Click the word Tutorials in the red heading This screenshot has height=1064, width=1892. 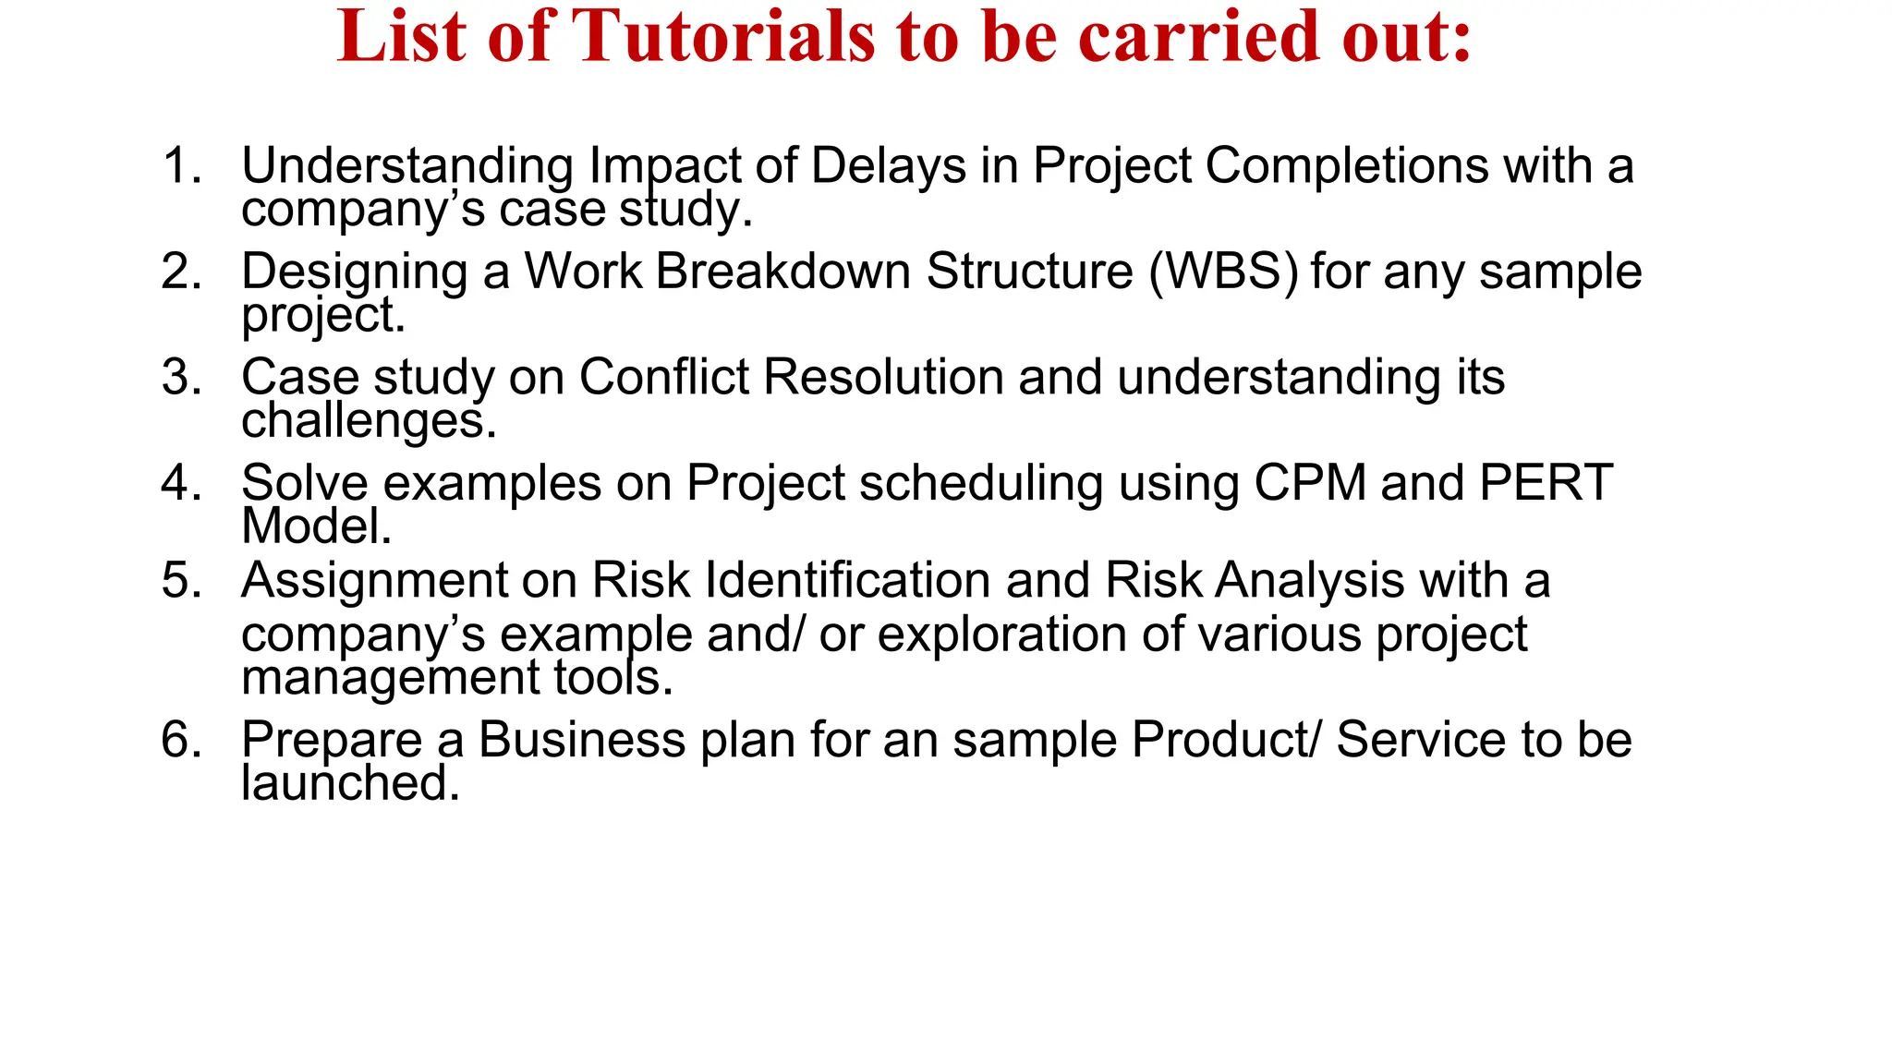pyautogui.click(x=723, y=37)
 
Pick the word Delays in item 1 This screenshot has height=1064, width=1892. pyautogui.click(x=889, y=166)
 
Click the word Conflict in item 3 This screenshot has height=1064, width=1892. pyautogui.click(x=663, y=378)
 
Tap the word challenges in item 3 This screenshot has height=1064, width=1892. pyautogui.click(x=368, y=421)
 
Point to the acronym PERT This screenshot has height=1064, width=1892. pyautogui.click(x=1546, y=483)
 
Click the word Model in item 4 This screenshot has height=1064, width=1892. pyautogui.click(x=315, y=526)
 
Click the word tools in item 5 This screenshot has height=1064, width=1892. pyautogui.click(x=612, y=678)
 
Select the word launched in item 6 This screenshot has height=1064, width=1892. pyautogui.click(x=349, y=783)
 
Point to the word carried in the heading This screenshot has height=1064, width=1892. pyautogui.click(x=1201, y=37)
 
